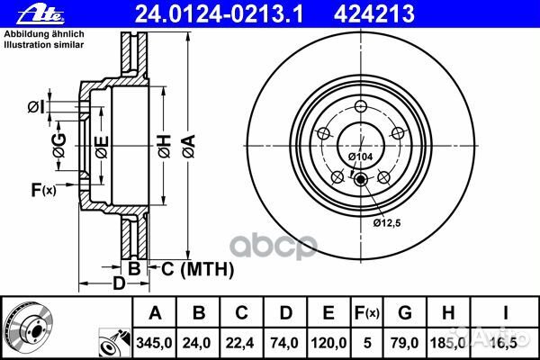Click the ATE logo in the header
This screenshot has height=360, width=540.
pyautogui.click(x=41, y=14)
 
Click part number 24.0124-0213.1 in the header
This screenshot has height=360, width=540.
pyautogui.click(x=220, y=14)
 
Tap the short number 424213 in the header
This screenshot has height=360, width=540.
pyautogui.click(x=374, y=14)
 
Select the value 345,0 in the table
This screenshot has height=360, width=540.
pyautogui.click(x=154, y=343)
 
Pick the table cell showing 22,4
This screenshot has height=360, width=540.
pyautogui.click(x=239, y=343)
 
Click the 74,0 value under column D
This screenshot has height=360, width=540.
pyautogui.click(x=284, y=343)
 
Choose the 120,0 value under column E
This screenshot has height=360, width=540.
pyautogui.click(x=328, y=343)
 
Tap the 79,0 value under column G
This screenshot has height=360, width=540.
pyautogui.click(x=404, y=343)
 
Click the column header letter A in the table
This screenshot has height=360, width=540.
pyautogui.click(x=155, y=313)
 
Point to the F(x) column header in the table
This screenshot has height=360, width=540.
pyautogui.click(x=367, y=313)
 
